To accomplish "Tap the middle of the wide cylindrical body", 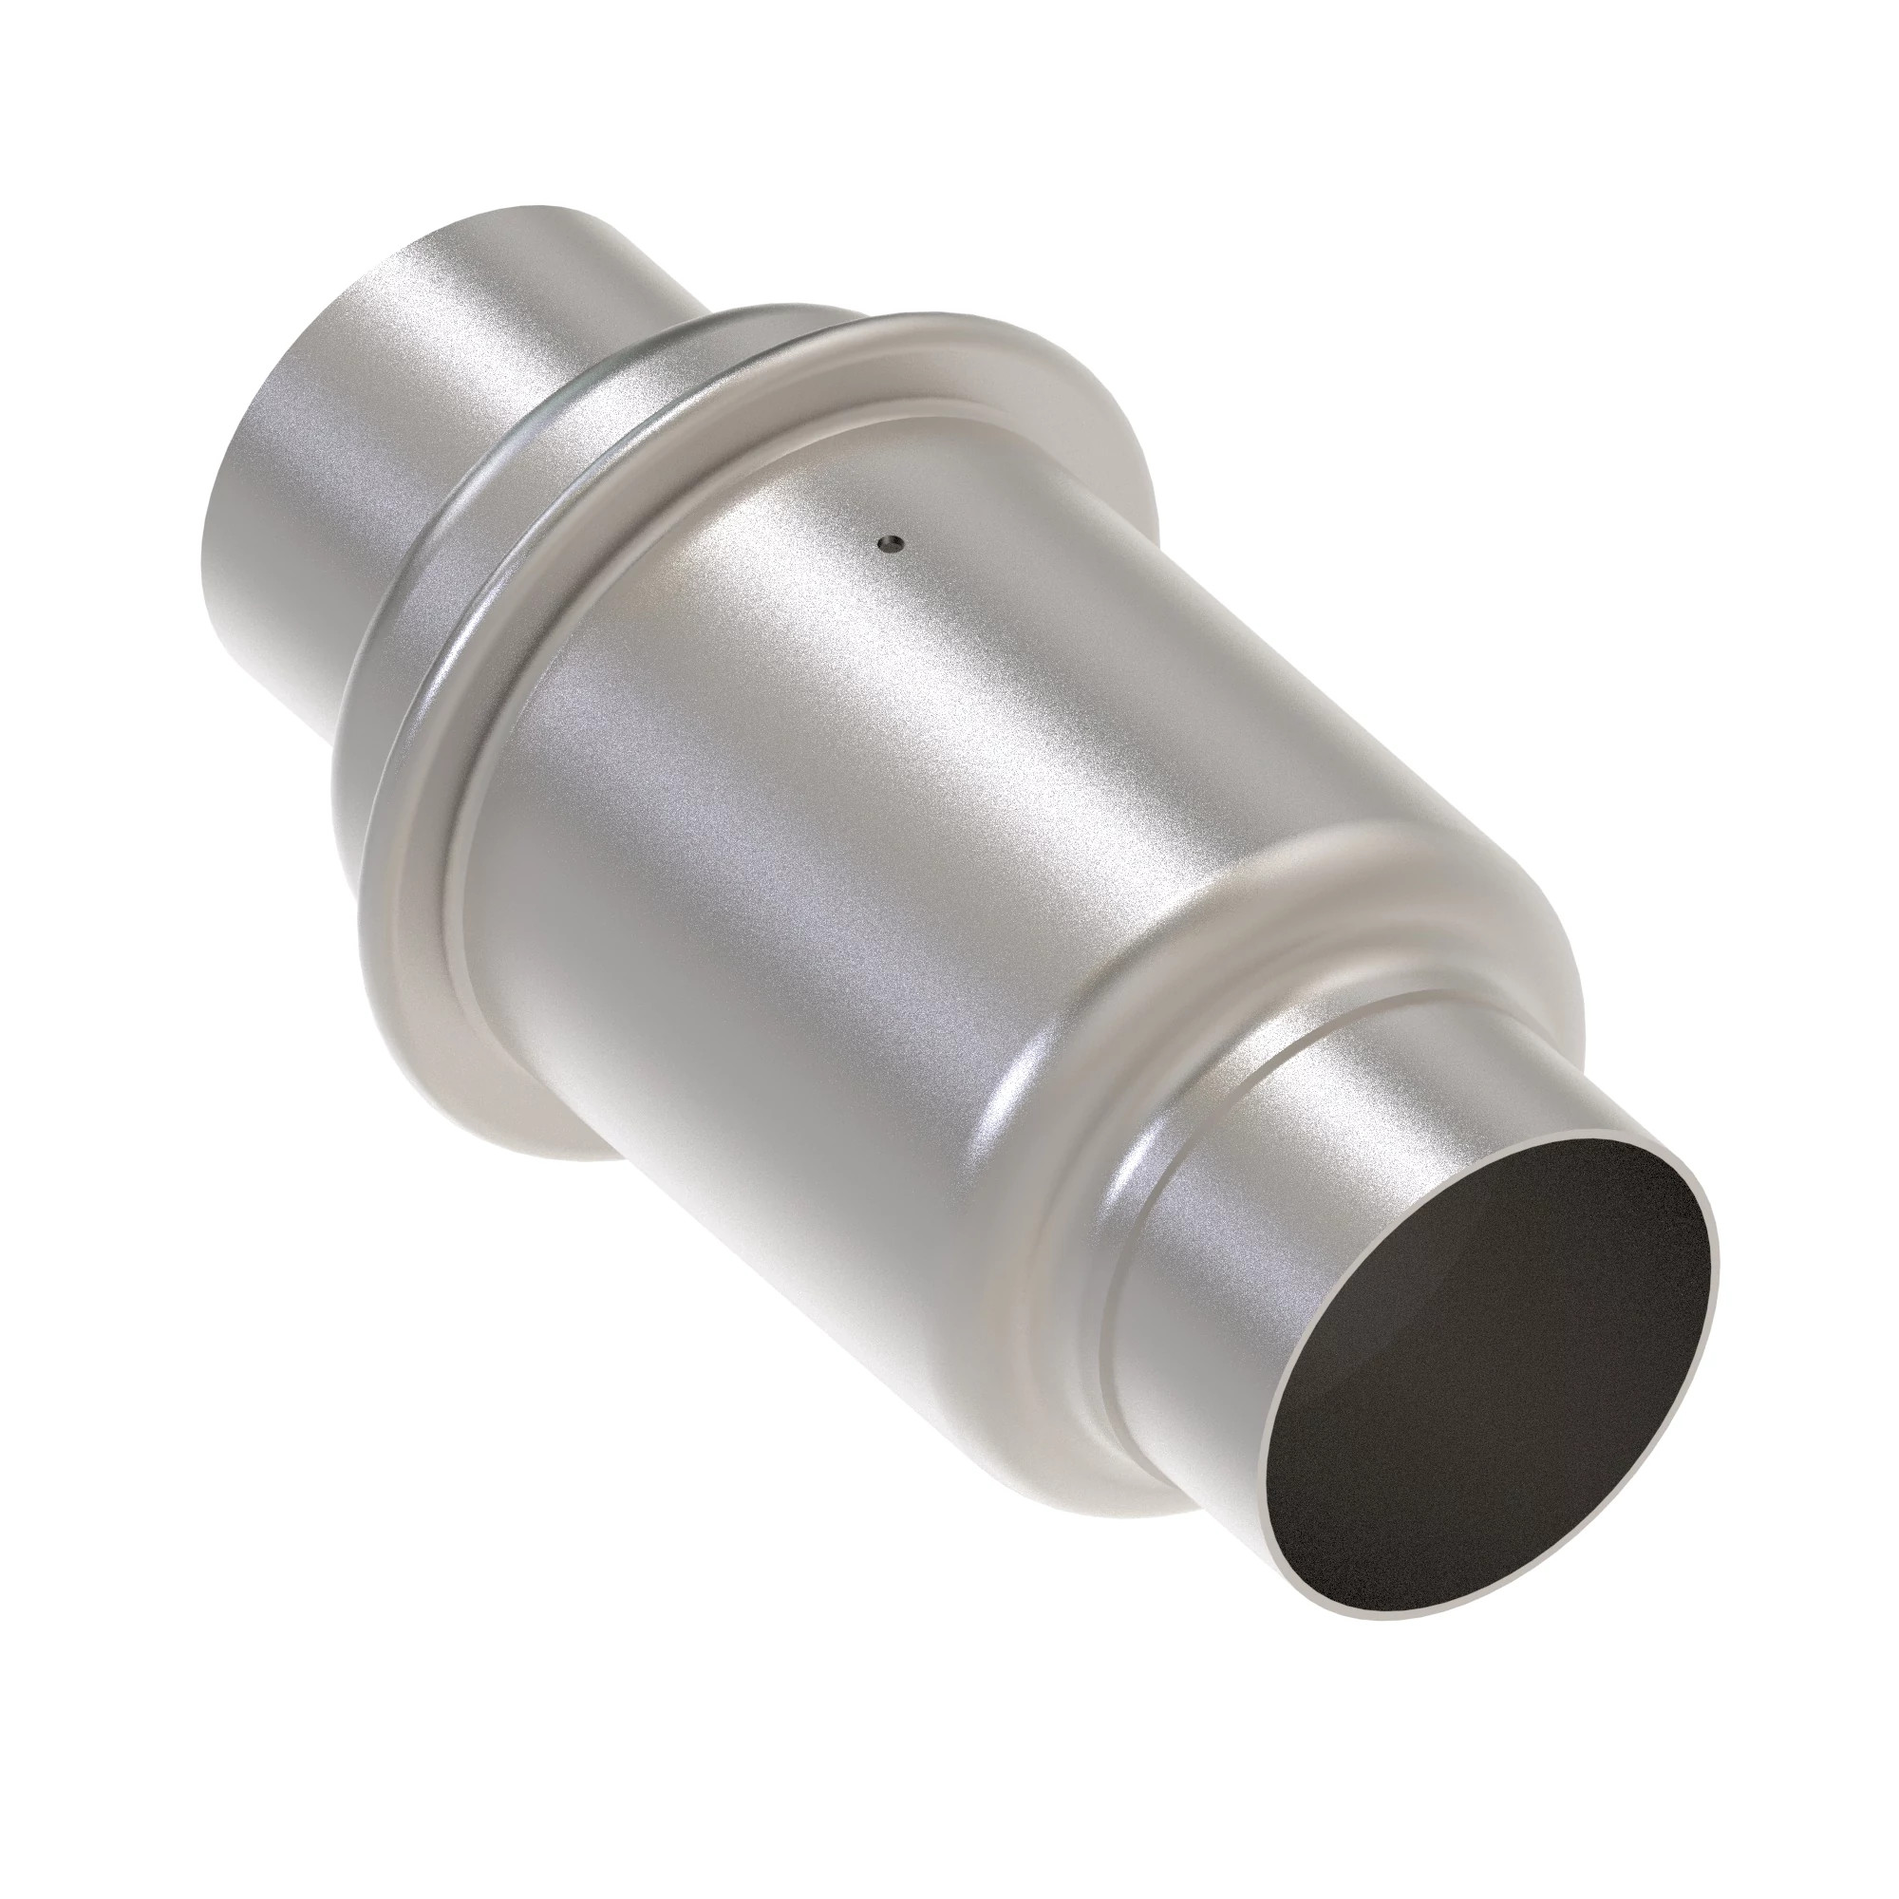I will [x=885, y=836].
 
